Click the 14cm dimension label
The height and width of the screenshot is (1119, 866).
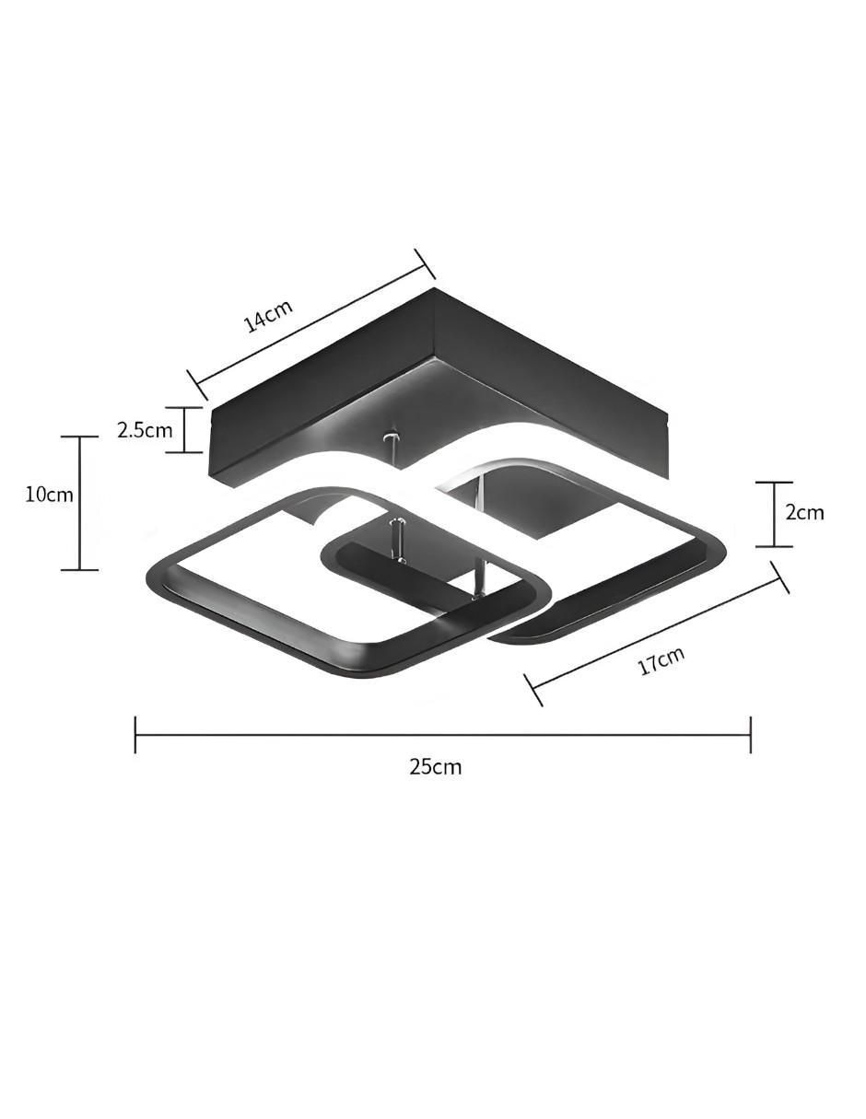click(x=269, y=315)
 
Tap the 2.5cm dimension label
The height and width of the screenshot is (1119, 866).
click(x=145, y=430)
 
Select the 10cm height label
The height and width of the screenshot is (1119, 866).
click(x=50, y=495)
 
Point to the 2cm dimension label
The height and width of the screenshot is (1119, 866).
click(x=804, y=512)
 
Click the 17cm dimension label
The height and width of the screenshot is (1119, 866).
click(x=661, y=660)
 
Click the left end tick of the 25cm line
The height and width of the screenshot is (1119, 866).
click(x=135, y=734)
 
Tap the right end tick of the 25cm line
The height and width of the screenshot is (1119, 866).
click(x=750, y=734)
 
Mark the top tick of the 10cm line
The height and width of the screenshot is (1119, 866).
click(x=79, y=437)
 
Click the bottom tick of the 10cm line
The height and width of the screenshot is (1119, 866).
click(x=79, y=570)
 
